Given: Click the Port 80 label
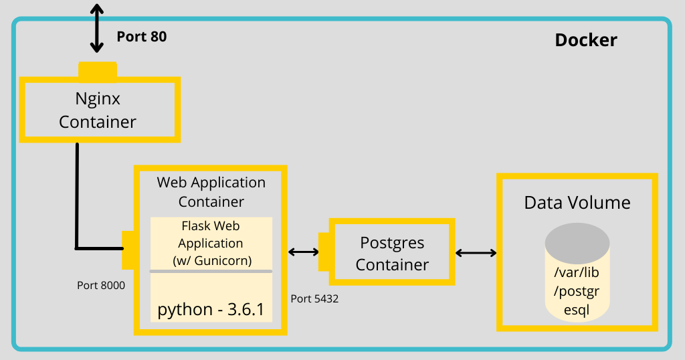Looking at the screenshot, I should (141, 37).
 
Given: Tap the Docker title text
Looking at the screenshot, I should (586, 40).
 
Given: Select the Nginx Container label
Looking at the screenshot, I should (98, 110).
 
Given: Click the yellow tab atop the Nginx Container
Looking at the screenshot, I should (98, 69).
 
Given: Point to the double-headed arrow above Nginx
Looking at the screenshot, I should (98, 27).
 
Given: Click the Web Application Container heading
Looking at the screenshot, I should (211, 191).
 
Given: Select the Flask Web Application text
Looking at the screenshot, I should (211, 243).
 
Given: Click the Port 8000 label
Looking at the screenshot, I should (101, 286).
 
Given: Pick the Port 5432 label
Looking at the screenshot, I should (314, 299).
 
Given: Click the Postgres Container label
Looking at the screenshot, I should (392, 254).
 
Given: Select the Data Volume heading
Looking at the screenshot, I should (577, 203).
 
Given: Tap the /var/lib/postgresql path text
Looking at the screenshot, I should (577, 292).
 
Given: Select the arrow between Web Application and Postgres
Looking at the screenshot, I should (303, 252).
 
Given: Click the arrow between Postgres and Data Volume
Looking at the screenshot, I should (476, 253).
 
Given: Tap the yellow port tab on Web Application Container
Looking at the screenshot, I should (128, 250).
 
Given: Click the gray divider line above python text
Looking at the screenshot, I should (211, 271).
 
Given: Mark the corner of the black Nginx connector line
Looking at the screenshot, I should (78, 248).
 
